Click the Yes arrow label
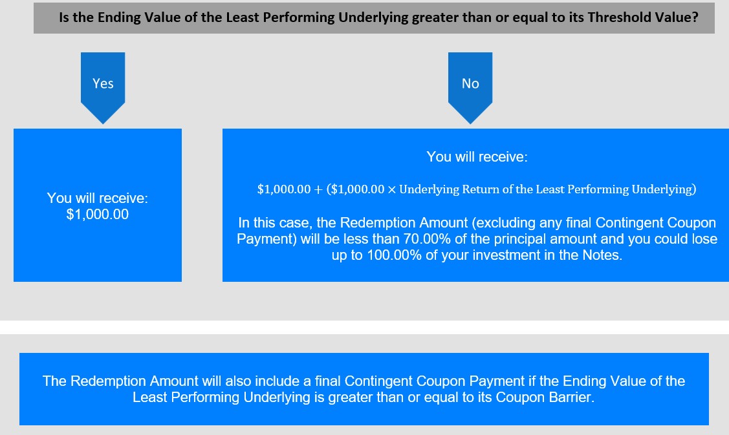point(103,83)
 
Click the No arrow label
point(470,83)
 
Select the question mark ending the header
point(695,17)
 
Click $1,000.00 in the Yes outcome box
point(97,214)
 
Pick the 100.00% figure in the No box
point(395,255)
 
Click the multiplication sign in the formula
point(391,189)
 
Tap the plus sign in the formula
point(318,189)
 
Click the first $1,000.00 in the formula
point(284,189)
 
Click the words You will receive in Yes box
point(97,198)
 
